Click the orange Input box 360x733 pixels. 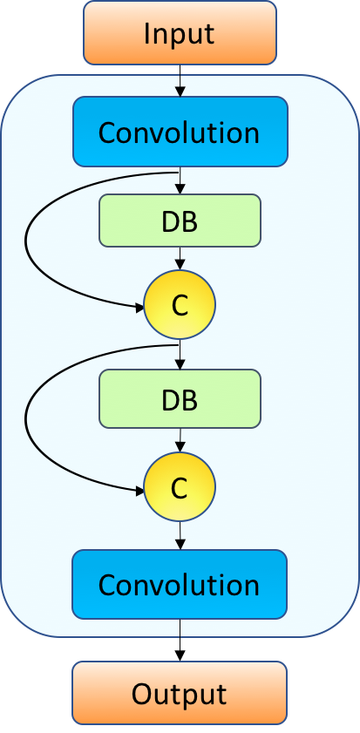coord(180,33)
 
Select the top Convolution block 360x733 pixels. coord(180,132)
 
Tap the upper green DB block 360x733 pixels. coord(180,220)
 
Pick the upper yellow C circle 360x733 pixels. coord(180,305)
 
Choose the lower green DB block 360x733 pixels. coord(180,398)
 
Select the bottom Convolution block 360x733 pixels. coord(180,583)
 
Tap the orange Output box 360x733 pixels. coord(180,693)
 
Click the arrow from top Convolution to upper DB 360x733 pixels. coord(180,180)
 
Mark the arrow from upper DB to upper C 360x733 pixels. coord(180,258)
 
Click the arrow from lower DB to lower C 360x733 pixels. coord(180,440)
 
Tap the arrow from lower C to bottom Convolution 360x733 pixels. coord(180,535)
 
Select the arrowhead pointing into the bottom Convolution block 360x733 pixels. coord(180,545)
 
